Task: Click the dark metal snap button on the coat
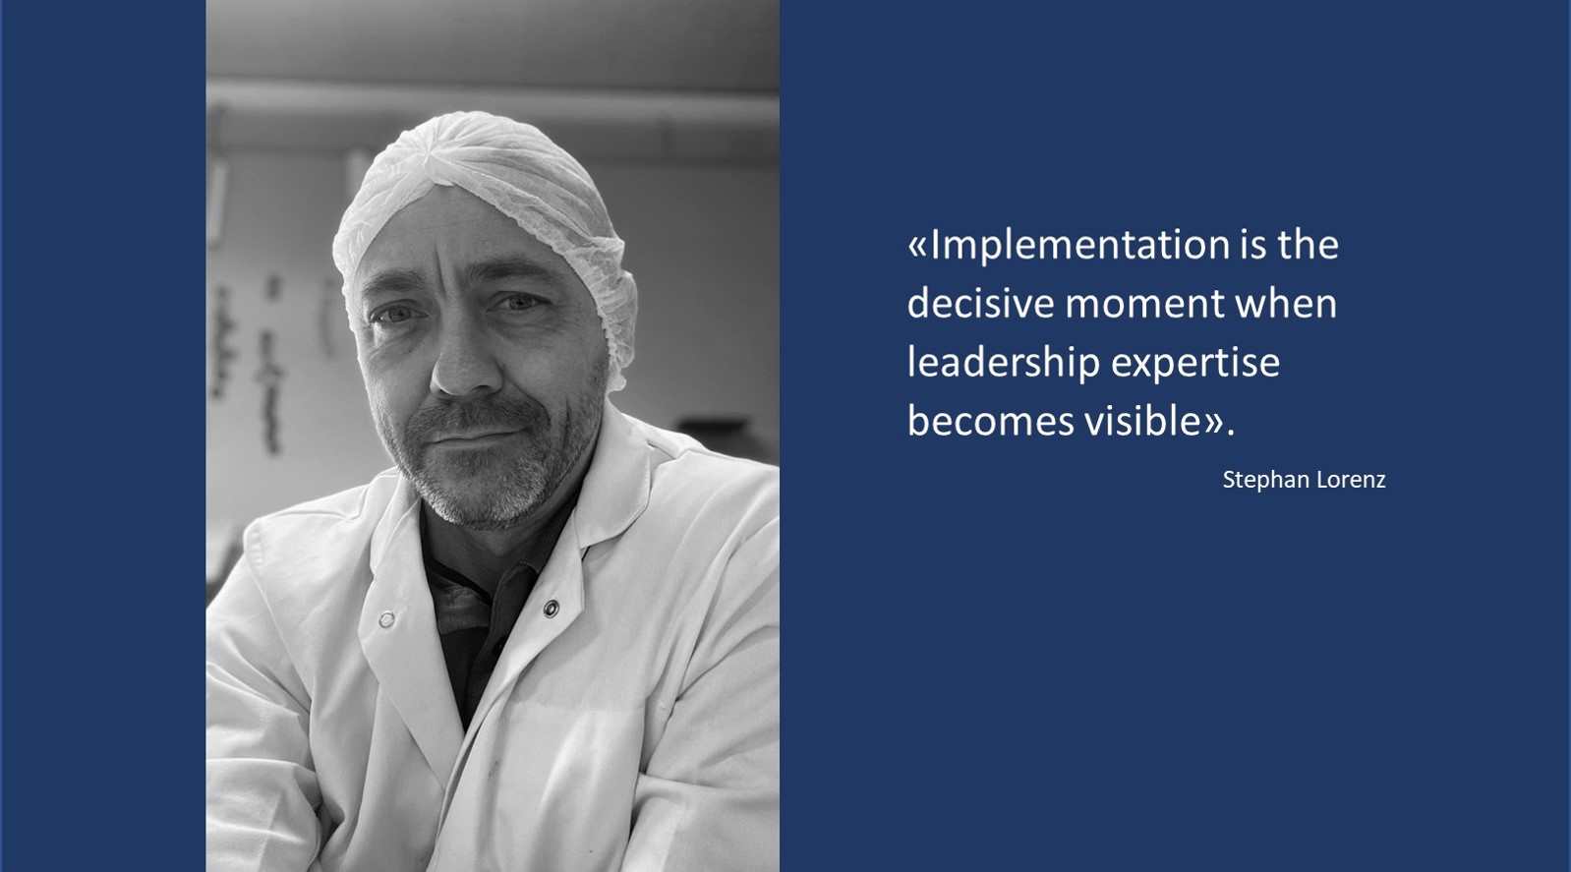click(552, 609)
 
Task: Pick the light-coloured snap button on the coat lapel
click(386, 619)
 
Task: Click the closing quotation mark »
click(1215, 424)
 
